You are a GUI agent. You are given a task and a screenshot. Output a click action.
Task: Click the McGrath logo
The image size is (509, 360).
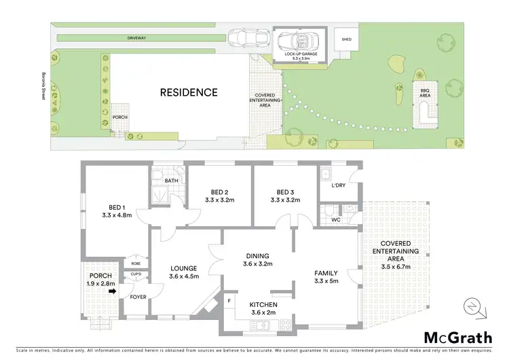coord(459,337)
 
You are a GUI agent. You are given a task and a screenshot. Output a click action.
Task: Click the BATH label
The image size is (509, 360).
coord(171,181)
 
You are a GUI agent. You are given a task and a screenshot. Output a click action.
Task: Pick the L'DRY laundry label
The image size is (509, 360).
coord(339,185)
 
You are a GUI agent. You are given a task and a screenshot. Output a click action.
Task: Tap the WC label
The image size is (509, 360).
coord(335,221)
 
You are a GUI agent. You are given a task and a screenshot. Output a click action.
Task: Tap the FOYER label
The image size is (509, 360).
coord(138,297)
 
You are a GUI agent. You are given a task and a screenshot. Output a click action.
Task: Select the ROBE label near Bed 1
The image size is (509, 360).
coord(136,263)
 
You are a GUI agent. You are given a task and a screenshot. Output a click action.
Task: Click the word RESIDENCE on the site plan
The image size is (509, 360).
coord(189,92)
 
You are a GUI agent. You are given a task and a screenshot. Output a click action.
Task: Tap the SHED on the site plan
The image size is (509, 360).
coord(346,39)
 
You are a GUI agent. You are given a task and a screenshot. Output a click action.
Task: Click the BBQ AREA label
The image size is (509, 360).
coord(426,93)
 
